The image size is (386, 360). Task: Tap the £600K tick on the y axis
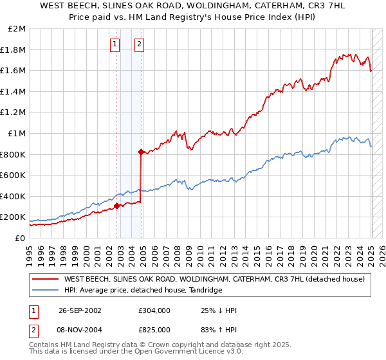13,175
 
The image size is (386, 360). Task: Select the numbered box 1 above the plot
115,44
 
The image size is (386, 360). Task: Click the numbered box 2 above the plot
139,44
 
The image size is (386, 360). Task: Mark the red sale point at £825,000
141,152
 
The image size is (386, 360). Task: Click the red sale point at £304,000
117,206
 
